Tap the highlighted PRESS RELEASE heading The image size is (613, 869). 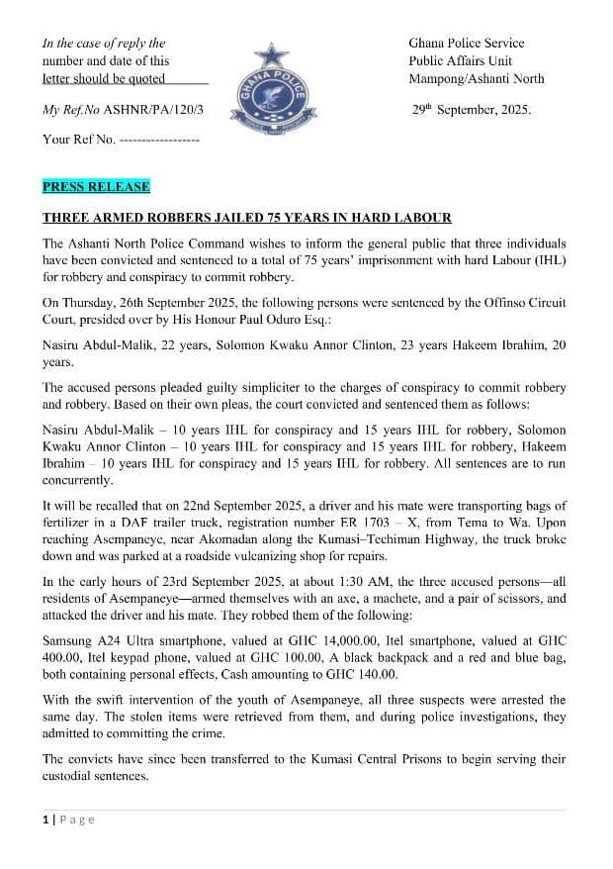[96, 186]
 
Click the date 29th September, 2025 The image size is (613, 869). [471, 110]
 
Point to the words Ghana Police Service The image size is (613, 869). [466, 44]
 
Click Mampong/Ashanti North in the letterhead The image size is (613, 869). [476, 79]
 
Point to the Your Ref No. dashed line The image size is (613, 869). [158, 140]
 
